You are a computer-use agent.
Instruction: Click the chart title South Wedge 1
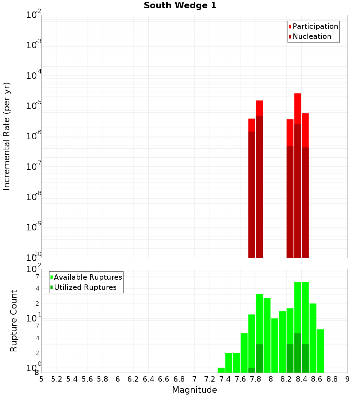pyautogui.click(x=180, y=6)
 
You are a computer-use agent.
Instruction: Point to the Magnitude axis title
pyautogui.click(x=194, y=390)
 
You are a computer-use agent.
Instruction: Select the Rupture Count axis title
pyautogui.click(x=14, y=320)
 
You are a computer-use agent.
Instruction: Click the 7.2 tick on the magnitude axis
pyautogui.click(x=210, y=379)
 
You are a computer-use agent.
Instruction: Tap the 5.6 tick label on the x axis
pyautogui.click(x=87, y=379)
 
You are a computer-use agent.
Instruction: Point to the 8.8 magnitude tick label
pyautogui.click(x=332, y=379)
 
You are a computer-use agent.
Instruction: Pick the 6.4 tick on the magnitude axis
pyautogui.click(x=148, y=379)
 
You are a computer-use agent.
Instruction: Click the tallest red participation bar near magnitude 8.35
pyautogui.click(x=297, y=108)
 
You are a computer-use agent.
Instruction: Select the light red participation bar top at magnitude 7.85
pyautogui.click(x=259, y=108)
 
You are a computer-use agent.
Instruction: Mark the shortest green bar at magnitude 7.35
pyautogui.click(x=221, y=370)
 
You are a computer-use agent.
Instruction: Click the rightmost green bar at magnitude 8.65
pyautogui.click(x=320, y=351)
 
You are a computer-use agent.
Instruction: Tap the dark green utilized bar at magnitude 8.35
pyautogui.click(x=297, y=353)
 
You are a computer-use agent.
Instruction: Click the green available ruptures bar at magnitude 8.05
pyautogui.click(x=275, y=346)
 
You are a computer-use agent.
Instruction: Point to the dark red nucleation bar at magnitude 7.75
pyautogui.click(x=252, y=194)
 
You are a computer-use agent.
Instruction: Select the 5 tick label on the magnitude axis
pyautogui.click(x=41, y=379)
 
